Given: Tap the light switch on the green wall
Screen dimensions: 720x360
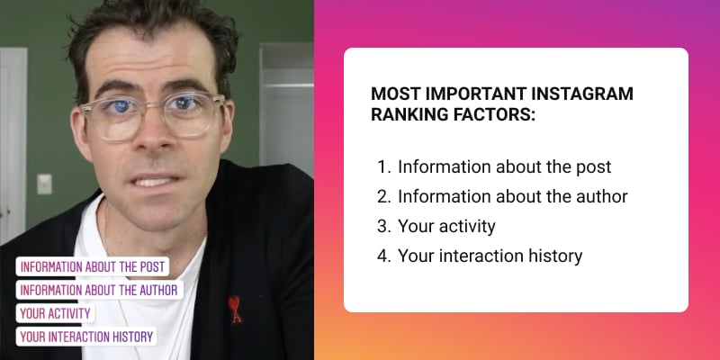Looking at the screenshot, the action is click(x=44, y=184).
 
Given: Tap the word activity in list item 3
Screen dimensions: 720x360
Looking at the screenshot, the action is click(x=467, y=227).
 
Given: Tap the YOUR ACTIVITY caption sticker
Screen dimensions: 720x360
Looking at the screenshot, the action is click(x=55, y=313).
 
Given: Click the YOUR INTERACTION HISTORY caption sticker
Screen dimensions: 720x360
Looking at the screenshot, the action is click(x=86, y=337).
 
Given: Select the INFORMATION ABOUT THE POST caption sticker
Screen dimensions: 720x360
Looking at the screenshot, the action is click(x=93, y=266).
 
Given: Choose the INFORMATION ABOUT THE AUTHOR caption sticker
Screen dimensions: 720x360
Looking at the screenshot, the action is click(x=100, y=290).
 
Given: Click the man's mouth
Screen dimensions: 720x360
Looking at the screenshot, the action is click(x=155, y=181).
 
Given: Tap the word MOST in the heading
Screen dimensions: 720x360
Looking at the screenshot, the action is click(x=395, y=94).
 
